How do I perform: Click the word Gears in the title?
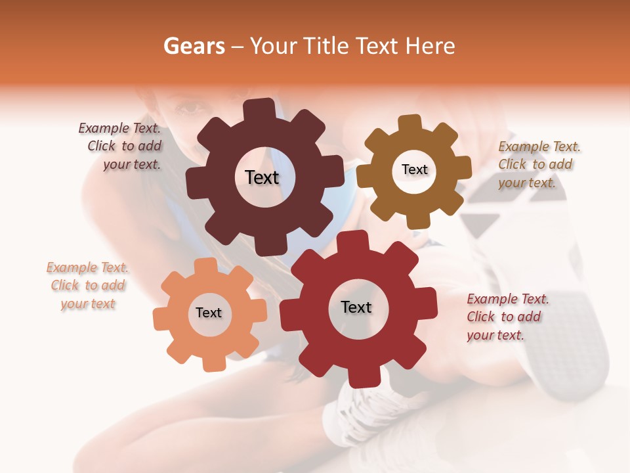coord(194,46)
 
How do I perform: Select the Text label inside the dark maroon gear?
coord(262,177)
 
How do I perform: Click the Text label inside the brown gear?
coord(414,169)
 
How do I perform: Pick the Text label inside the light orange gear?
coord(209,313)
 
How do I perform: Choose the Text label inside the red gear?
coord(356,307)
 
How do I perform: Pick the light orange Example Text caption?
coord(88,285)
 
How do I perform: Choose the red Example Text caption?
coord(505,317)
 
